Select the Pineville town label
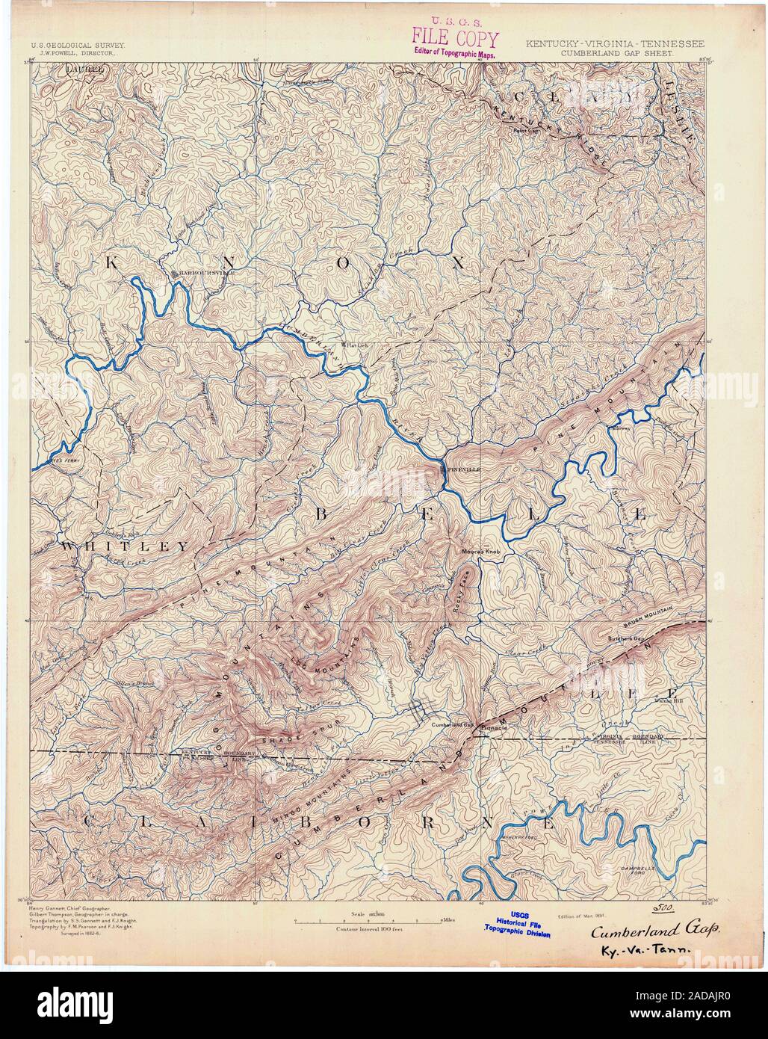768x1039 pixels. tap(462, 469)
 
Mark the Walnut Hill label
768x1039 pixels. tap(670, 701)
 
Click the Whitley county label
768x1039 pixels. tap(124, 546)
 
